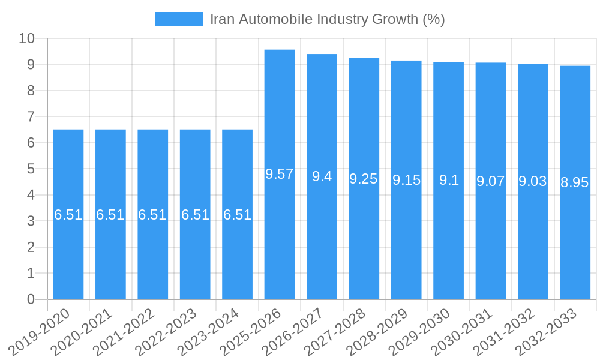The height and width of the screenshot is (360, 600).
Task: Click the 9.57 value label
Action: (280, 175)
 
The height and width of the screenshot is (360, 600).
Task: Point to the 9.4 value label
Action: (322, 176)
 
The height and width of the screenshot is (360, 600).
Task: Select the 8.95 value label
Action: (575, 183)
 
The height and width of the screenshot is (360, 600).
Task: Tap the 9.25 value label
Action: (364, 179)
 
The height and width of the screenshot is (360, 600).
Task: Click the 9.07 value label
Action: (490, 181)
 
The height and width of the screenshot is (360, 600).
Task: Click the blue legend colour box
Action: (178, 19)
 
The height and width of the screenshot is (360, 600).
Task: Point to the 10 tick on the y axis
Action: (26, 38)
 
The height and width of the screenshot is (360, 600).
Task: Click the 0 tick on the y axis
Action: (31, 299)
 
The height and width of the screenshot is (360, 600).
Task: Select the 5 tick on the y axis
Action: (31, 169)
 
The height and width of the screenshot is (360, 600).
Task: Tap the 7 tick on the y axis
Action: (31, 117)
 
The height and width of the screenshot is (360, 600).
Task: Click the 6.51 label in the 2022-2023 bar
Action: (195, 215)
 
